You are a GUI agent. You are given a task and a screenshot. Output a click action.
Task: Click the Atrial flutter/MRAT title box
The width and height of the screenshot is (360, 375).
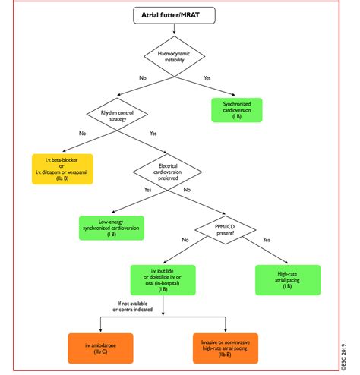175,14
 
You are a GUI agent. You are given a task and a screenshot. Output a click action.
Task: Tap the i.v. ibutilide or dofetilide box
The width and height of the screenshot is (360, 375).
162,279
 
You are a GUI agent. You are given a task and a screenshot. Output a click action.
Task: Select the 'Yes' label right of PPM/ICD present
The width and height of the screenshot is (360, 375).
266,240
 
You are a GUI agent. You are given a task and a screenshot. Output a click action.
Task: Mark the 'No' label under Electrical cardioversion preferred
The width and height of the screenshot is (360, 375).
187,189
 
